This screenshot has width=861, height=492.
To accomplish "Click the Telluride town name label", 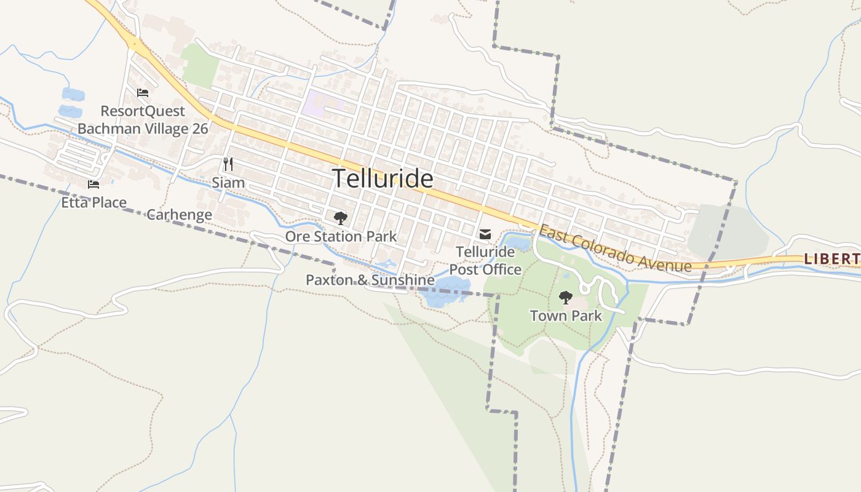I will click(x=383, y=178).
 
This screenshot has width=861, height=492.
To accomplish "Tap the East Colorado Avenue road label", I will click(x=615, y=249).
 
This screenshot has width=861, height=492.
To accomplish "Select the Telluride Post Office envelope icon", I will click(x=485, y=234).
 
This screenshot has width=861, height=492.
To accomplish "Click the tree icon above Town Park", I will click(x=565, y=298).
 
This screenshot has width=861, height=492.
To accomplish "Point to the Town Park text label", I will click(x=566, y=316).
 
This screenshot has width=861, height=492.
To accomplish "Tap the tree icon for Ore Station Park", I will click(x=340, y=218).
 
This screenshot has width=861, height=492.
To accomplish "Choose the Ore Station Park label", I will click(x=341, y=236).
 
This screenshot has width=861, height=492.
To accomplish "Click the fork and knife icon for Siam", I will click(x=228, y=164).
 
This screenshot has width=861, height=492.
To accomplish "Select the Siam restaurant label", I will click(x=228, y=183).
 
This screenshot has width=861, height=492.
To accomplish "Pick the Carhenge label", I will click(x=179, y=215).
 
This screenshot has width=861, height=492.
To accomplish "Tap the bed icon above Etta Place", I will click(x=93, y=184).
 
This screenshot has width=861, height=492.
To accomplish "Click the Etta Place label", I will click(x=93, y=202).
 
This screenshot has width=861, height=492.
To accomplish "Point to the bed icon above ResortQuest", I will click(x=143, y=93).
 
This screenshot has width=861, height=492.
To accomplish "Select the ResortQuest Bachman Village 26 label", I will click(x=143, y=120).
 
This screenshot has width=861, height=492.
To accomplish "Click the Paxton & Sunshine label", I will click(x=370, y=280).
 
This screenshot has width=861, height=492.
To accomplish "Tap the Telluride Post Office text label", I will click(x=485, y=261).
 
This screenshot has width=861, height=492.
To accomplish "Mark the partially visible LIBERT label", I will click(x=831, y=259).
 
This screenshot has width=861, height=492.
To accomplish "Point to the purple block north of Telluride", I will click(x=321, y=102).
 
